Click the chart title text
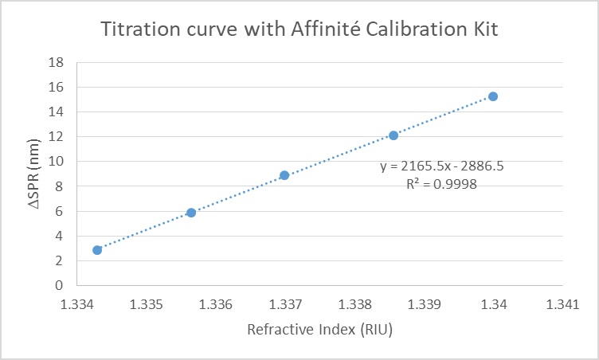pos(299,30)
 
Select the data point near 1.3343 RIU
pos(97,249)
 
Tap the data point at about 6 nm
pos(191,213)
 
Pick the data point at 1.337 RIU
pos(284,175)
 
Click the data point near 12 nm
pos(393,135)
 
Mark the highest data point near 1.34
pos(493,96)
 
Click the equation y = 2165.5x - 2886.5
pos(441,166)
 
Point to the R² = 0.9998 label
pos(441,183)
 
